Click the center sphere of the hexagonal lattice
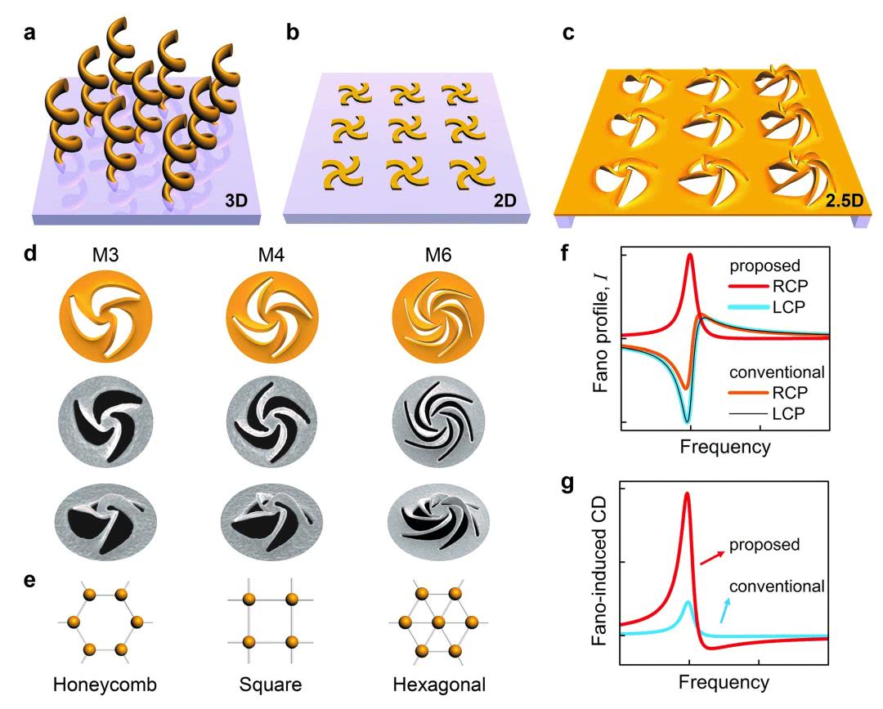point(438,622)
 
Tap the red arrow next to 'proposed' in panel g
point(710,556)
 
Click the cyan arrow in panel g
point(726,609)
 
